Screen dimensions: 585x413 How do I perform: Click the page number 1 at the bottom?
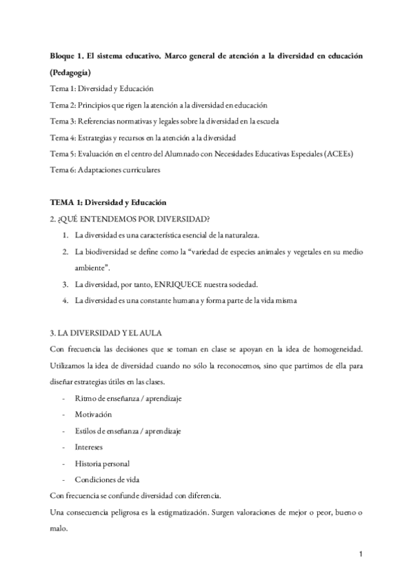point(361,553)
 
